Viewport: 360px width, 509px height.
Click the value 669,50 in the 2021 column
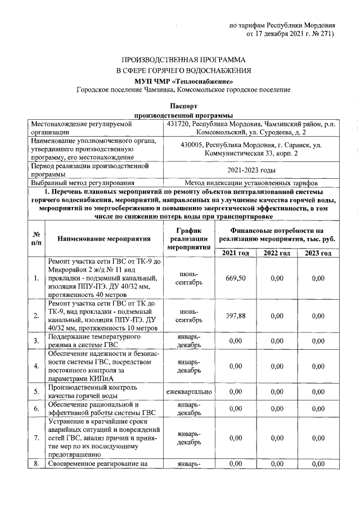point(236,278)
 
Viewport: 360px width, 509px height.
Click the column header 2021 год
point(236,254)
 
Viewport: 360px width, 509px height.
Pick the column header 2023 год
point(318,254)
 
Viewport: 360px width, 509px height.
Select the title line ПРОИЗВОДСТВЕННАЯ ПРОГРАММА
point(183,60)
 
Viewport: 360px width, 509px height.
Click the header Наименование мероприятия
point(105,238)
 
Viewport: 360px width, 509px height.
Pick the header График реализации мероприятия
point(188,238)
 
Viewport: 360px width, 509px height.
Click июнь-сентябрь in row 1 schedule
point(188,278)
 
